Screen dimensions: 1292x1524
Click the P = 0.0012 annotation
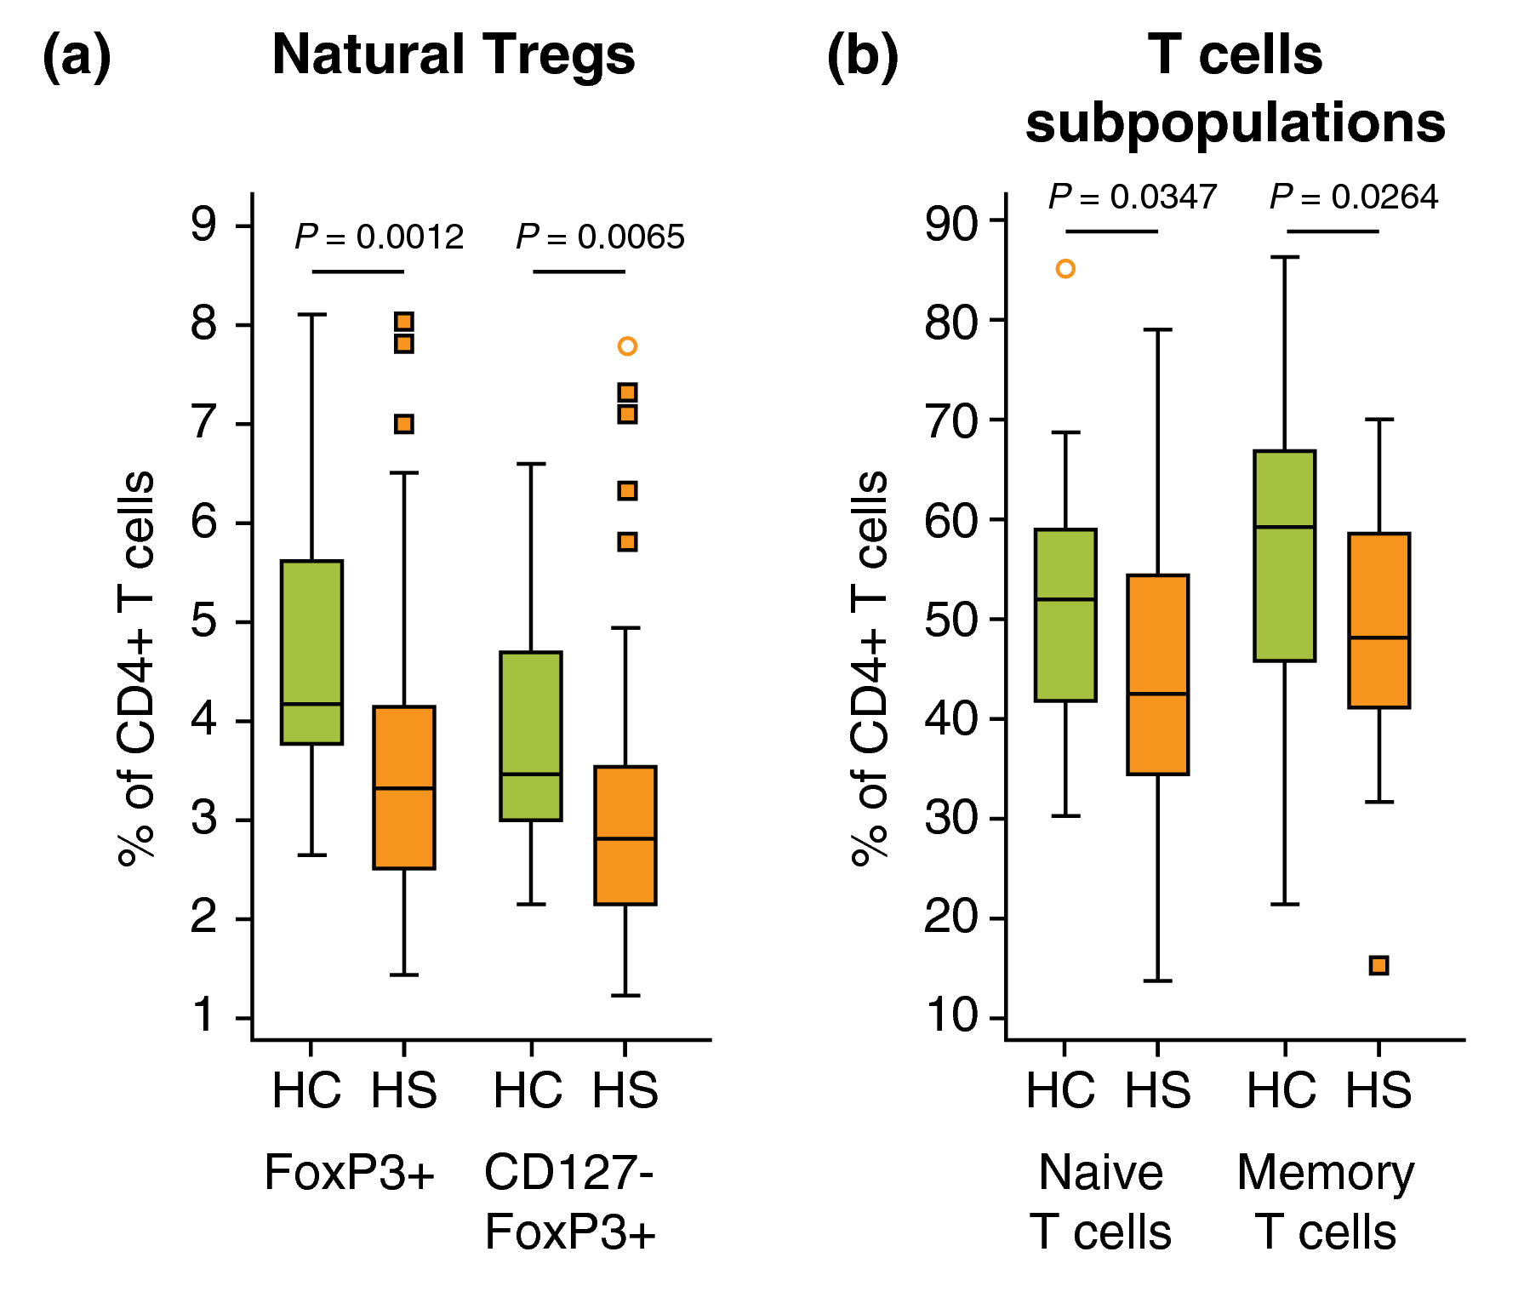click(380, 237)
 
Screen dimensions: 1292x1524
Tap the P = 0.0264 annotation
click(1353, 197)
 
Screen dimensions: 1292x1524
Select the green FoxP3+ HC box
click(311, 652)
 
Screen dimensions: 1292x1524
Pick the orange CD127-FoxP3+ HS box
click(625, 835)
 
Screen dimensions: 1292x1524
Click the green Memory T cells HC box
click(1285, 556)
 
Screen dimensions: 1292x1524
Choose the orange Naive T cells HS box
click(1157, 674)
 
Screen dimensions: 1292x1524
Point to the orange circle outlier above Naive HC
click(1065, 269)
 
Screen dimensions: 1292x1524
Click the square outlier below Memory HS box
click(1379, 965)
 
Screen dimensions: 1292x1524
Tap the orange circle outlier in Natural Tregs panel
click(627, 346)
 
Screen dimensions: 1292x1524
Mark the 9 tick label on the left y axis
click(204, 226)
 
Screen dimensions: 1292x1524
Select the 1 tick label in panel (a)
click(204, 1016)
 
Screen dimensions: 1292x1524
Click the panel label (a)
click(77, 57)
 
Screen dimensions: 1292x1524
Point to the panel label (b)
click(862, 57)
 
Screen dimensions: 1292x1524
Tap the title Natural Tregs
click(453, 55)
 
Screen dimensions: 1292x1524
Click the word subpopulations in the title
click(1235, 123)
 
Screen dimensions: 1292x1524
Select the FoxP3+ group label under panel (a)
click(350, 1173)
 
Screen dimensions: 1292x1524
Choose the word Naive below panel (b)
click(1100, 1173)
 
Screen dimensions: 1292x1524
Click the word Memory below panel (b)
click(1325, 1173)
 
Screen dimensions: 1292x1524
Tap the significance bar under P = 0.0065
click(579, 272)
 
